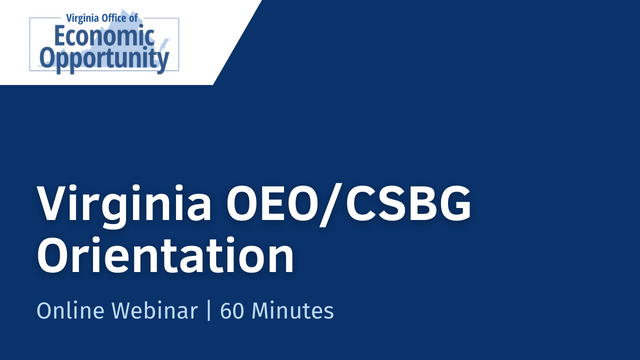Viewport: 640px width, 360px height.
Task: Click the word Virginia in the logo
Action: [x=83, y=18]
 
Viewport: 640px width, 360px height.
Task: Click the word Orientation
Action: [x=165, y=255]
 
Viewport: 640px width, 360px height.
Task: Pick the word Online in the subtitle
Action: [x=67, y=311]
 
